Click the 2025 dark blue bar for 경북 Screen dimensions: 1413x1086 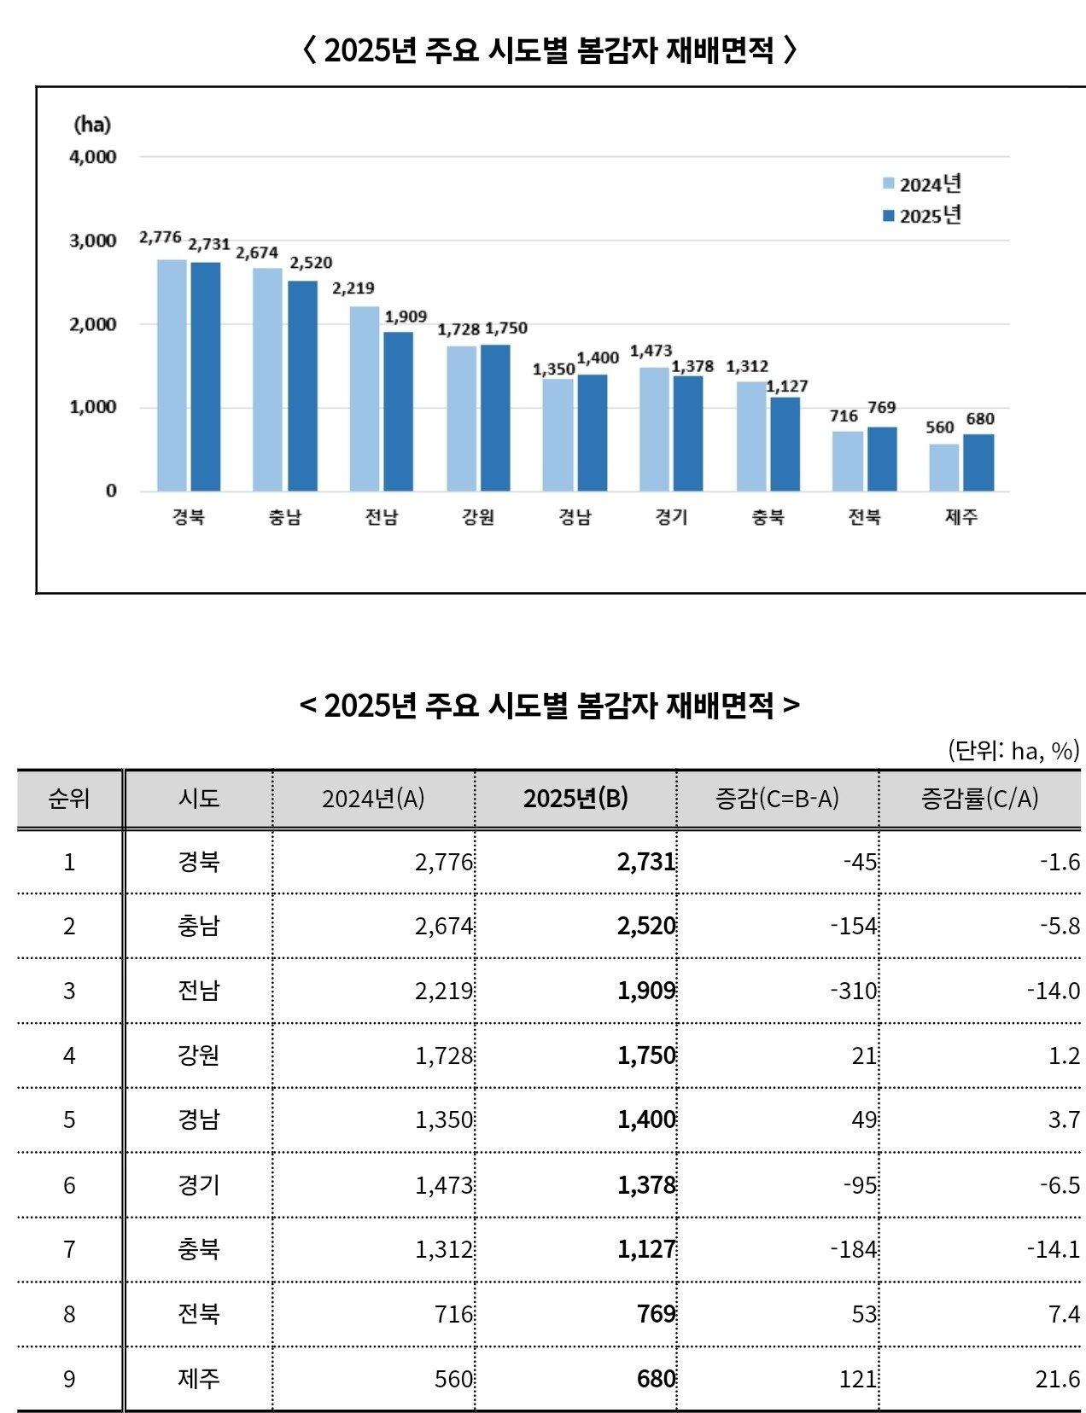(205, 376)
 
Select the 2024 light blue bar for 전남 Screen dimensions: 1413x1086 (365, 398)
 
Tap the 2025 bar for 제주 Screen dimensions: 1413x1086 (978, 462)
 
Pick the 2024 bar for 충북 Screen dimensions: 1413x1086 (751, 436)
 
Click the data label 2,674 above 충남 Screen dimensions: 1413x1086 (257, 253)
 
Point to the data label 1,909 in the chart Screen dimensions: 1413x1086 (406, 317)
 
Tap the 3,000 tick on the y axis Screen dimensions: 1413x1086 (93, 241)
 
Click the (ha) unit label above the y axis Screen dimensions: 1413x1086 (92, 125)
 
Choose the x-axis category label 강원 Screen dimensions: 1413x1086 (478, 517)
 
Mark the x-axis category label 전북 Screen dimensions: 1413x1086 (864, 517)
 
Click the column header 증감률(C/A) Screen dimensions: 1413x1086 (979, 799)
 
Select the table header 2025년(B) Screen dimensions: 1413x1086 (575, 799)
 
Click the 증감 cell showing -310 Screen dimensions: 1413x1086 (854, 991)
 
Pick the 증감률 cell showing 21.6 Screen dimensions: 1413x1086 (1058, 1379)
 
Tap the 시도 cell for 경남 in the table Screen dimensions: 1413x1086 (199, 1119)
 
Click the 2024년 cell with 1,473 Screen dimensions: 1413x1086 (444, 1185)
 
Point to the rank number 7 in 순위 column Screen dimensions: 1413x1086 (69, 1249)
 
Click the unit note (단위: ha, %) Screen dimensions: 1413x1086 (1013, 750)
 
